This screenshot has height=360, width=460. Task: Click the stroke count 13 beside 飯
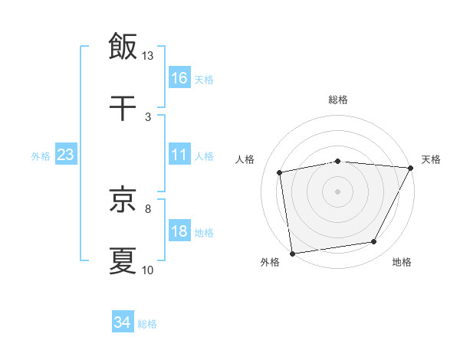click(148, 55)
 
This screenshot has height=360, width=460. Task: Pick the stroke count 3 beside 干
click(148, 117)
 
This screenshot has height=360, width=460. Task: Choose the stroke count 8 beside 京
click(148, 208)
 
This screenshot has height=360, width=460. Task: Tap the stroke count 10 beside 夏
click(148, 270)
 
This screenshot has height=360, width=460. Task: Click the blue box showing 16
click(179, 78)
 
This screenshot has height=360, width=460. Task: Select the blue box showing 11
click(179, 155)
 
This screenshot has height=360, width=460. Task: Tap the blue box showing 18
click(179, 232)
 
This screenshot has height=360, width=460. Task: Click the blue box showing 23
click(66, 155)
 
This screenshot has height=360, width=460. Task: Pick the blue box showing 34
click(122, 323)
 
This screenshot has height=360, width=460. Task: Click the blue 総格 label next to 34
click(147, 324)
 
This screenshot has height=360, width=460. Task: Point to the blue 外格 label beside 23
click(41, 155)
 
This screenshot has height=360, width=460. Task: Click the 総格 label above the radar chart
click(338, 100)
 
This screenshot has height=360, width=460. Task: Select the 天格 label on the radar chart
click(432, 159)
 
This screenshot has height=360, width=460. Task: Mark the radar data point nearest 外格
click(292, 253)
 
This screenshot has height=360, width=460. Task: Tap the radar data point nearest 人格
click(281, 172)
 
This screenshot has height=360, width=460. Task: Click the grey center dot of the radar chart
click(338, 191)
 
